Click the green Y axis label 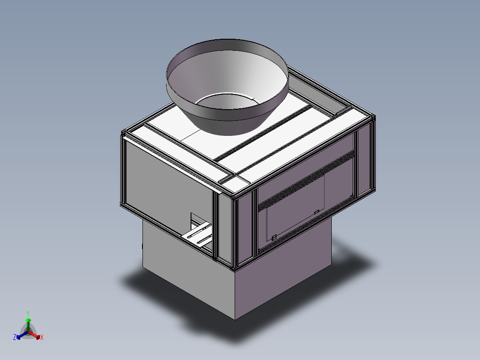tap(28, 313)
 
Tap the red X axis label tap(42, 337)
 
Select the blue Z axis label tap(15, 337)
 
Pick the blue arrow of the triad tap(22, 335)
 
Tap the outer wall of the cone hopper tap(227, 119)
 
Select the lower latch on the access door tap(274, 237)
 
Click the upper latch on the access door tap(317, 212)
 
